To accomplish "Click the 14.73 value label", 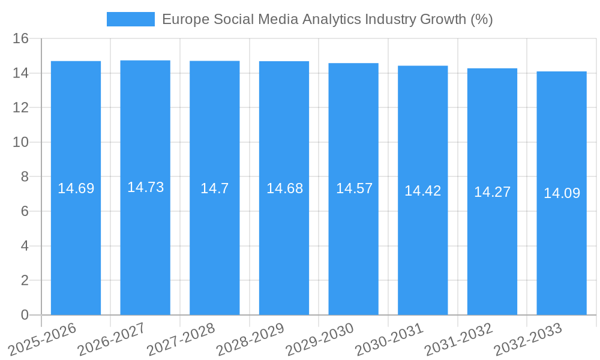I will pyautogui.click(x=145, y=187).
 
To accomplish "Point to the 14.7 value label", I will pyautogui.click(x=214, y=188).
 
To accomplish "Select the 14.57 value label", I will pyautogui.click(x=354, y=188).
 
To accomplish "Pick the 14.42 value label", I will pyautogui.click(x=422, y=191).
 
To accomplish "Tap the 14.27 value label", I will pyautogui.click(x=492, y=192).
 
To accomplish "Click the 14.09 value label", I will pyautogui.click(x=562, y=193).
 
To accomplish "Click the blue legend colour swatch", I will pyautogui.click(x=130, y=19).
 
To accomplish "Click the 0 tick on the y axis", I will pyautogui.click(x=25, y=315).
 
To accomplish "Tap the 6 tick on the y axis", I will pyautogui.click(x=25, y=211).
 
